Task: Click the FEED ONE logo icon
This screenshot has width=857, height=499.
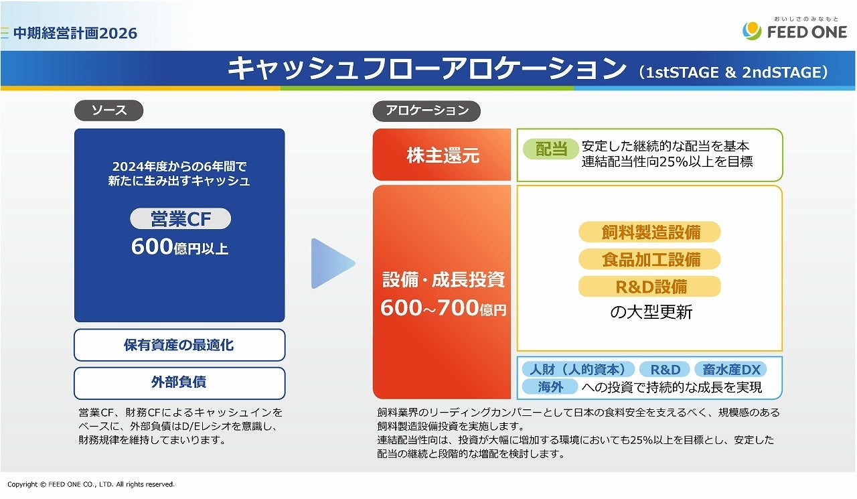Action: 752,31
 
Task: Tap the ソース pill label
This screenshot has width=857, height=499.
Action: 109,111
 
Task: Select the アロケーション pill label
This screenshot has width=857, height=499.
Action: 426,111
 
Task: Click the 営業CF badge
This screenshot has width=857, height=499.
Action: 181,219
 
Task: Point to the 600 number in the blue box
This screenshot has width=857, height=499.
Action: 152,246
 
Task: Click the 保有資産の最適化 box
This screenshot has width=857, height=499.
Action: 179,345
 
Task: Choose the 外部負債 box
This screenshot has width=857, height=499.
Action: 179,383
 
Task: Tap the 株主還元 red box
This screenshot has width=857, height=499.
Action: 442,155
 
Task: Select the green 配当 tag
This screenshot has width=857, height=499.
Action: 551,149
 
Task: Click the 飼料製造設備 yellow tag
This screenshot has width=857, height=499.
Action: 649,232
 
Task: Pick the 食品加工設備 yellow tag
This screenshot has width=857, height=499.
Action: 649,259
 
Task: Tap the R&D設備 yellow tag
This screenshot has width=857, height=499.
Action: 649,287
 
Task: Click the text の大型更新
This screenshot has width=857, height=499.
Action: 651,312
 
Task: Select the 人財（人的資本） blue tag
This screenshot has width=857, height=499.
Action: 578,369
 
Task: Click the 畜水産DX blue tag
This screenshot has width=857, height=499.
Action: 730,369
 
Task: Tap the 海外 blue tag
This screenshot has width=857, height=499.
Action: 550,387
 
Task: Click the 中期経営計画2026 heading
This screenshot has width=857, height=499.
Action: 76,33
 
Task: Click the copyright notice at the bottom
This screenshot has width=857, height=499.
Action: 91,484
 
